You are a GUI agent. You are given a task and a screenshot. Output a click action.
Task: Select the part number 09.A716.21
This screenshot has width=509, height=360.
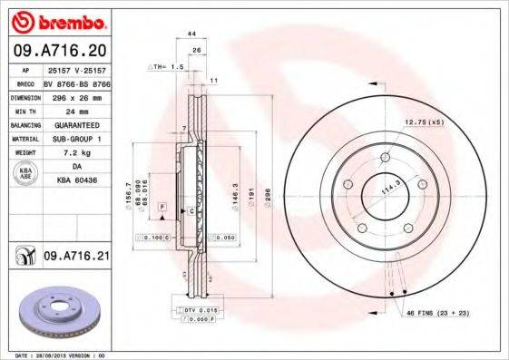(77, 258)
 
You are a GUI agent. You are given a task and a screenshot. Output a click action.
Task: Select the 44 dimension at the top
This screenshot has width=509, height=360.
(191, 34)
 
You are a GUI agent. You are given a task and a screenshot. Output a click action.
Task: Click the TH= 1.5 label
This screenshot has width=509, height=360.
(169, 67)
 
